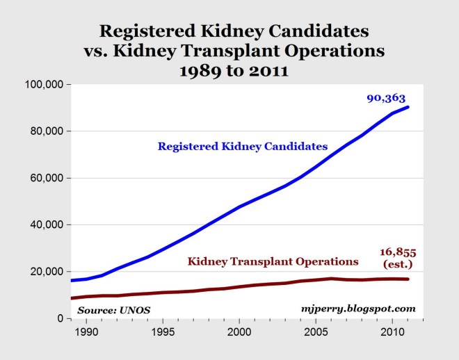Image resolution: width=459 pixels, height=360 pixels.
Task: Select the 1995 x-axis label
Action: point(163,332)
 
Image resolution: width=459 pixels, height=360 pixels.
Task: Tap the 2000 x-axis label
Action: point(239,332)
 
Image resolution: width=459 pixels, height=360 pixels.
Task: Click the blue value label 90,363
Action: point(387,99)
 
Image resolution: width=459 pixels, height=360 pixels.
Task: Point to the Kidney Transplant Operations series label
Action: point(273,261)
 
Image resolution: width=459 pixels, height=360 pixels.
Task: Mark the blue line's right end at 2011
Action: point(408,107)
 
